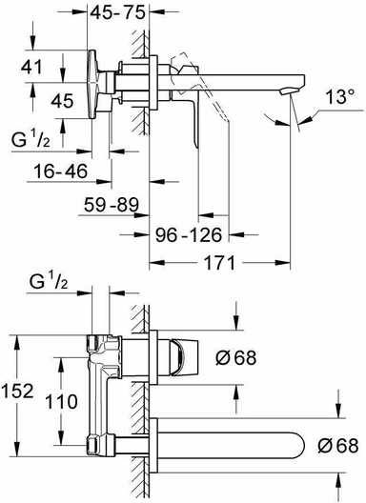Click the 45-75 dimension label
click(117, 13)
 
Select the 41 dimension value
click(31, 67)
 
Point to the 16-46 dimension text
click(61, 171)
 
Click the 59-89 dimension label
click(112, 205)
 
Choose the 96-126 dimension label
click(189, 235)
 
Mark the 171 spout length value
click(220, 263)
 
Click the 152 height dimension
click(18, 391)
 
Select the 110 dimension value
click(61, 401)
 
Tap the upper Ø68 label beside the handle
click(236, 357)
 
